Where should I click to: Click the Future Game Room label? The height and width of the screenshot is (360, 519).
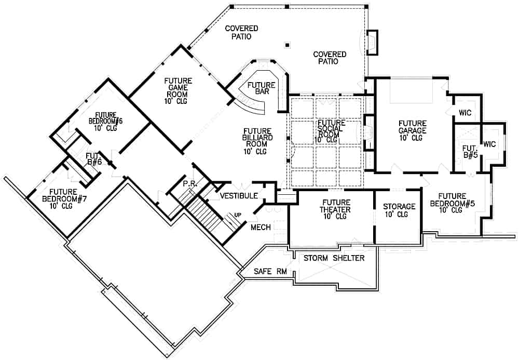click(x=177, y=91)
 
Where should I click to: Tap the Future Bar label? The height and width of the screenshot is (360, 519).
click(x=262, y=88)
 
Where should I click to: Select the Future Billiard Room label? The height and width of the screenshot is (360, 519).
click(x=257, y=141)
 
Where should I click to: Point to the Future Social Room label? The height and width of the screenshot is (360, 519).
click(x=331, y=131)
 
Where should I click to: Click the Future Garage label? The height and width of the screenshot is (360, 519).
click(x=412, y=130)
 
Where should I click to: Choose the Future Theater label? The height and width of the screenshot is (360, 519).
click(x=335, y=209)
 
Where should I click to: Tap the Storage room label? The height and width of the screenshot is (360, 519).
click(x=399, y=210)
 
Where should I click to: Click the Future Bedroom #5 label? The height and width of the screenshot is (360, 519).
click(x=452, y=203)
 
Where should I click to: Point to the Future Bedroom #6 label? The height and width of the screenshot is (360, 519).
click(x=105, y=122)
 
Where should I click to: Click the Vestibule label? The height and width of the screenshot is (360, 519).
click(x=239, y=196)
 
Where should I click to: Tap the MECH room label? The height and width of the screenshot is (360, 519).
click(x=261, y=227)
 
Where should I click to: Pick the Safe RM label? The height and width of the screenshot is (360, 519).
click(x=270, y=272)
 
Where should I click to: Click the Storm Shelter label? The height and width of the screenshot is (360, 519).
click(x=334, y=258)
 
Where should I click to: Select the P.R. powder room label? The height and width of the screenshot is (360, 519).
click(x=190, y=183)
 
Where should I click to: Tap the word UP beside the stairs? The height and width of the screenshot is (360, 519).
click(x=238, y=215)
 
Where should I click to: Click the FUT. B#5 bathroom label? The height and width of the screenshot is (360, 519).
click(x=470, y=151)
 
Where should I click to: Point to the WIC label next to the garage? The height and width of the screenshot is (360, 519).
click(x=465, y=113)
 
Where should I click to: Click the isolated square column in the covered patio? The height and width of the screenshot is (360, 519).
click(x=288, y=45)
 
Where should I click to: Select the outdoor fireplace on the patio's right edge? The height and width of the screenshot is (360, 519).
click(x=372, y=43)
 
